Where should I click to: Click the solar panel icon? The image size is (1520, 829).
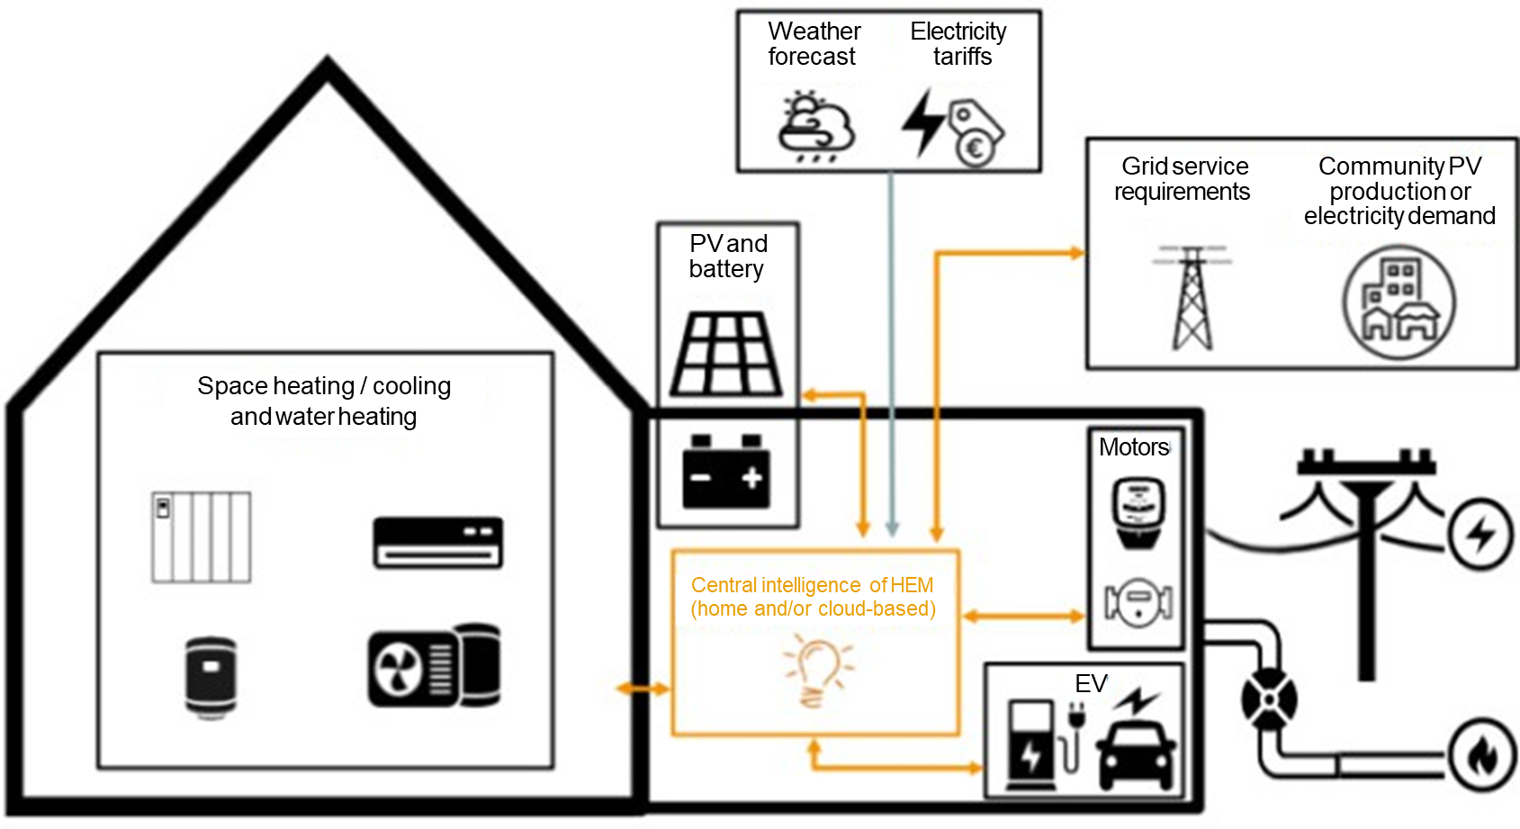727,354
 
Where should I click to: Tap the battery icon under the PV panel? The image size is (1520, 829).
725,472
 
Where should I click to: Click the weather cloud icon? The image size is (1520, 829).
816,126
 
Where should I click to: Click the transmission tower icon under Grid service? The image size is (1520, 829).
1192,298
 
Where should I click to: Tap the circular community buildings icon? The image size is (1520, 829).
1399,302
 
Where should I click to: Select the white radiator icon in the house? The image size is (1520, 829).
201,537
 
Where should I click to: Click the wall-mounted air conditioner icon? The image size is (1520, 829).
438,542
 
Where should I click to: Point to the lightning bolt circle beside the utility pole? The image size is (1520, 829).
1480,535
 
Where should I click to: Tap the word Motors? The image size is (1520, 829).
1133,447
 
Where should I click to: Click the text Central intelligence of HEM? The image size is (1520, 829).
812,585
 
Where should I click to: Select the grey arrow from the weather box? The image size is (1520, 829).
891,360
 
